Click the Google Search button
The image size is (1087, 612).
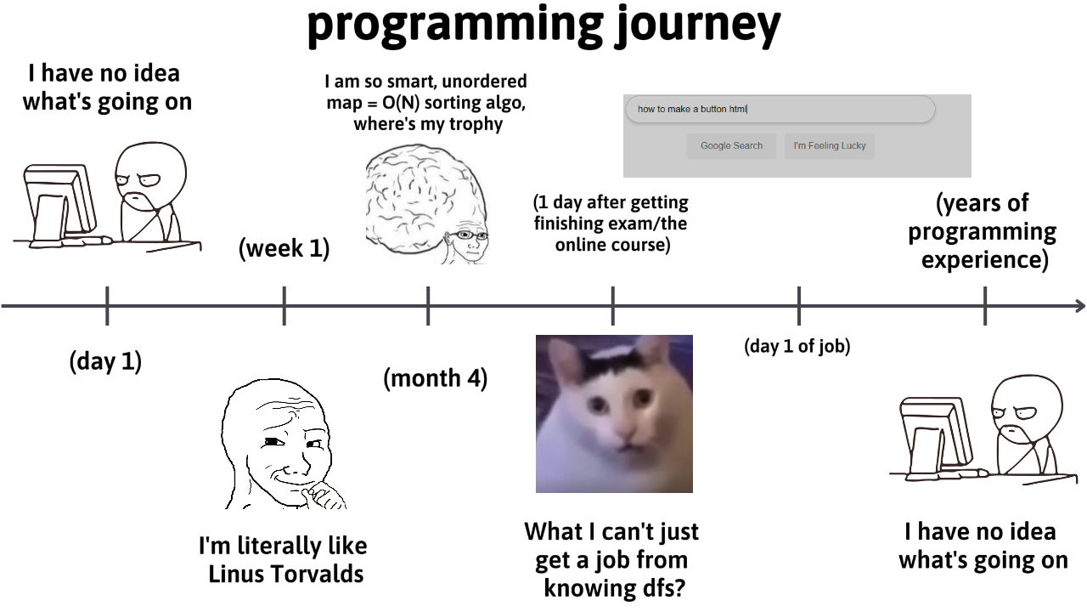(x=731, y=145)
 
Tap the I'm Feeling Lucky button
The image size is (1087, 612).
(x=830, y=145)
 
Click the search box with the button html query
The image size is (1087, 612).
(x=780, y=109)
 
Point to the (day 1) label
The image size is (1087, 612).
(x=105, y=361)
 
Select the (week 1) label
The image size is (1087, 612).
(x=284, y=248)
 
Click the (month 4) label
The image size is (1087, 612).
(x=436, y=378)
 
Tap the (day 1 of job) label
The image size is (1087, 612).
(x=797, y=346)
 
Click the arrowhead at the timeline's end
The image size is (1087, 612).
(x=1080, y=306)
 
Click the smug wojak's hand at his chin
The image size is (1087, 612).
(x=322, y=495)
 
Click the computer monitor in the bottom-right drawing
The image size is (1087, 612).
(x=935, y=433)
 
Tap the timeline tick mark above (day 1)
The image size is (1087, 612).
(x=107, y=306)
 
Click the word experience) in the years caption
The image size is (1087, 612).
(x=984, y=259)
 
